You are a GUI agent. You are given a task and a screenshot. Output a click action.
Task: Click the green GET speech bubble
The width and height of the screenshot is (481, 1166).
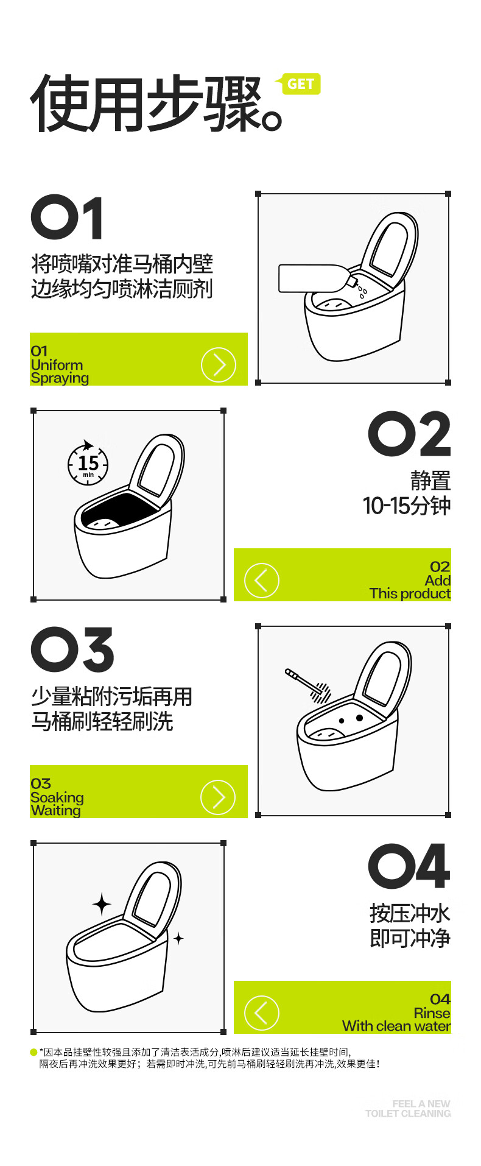point(298,84)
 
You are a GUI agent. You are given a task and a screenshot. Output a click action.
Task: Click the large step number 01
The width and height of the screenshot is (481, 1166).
point(67,217)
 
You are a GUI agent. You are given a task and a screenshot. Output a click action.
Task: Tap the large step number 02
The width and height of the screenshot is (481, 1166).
point(409,434)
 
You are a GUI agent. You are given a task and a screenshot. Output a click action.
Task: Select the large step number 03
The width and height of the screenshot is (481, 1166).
point(72,649)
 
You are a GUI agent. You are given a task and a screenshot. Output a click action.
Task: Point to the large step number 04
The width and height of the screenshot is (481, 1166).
point(409,866)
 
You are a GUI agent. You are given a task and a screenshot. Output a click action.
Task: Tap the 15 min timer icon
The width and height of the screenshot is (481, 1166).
point(88,463)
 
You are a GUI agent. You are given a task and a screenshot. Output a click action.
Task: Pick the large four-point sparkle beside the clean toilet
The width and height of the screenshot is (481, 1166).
point(102,905)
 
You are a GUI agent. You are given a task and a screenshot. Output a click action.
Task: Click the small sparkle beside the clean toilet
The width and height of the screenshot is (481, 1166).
point(178,939)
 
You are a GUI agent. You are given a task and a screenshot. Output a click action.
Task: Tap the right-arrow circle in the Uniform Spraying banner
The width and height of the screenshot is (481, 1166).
point(218,365)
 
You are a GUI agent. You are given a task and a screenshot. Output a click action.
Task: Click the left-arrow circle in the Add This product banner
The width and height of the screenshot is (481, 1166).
point(262,581)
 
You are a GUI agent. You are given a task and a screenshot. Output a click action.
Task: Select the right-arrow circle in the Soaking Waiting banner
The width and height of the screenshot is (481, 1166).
point(218,797)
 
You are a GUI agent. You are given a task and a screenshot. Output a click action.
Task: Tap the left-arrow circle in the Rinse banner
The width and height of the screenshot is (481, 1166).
point(262,1013)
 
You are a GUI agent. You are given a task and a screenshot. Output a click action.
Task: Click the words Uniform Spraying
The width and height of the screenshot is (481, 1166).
point(60,372)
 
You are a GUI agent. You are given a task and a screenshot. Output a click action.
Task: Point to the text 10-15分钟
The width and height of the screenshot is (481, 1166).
point(407,506)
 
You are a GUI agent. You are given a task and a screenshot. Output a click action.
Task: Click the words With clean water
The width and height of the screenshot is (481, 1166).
point(396,1026)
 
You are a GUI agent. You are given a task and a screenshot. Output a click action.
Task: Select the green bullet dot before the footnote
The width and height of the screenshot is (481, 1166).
point(33,1052)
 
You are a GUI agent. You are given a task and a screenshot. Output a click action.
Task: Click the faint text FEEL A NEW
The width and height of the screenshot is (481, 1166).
point(421,1104)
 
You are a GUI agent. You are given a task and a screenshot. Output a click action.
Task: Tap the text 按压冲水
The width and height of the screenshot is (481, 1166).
point(410,914)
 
